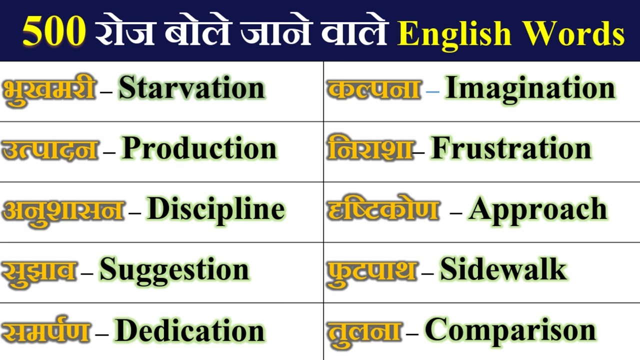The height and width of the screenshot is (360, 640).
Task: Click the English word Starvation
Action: pos(191,88)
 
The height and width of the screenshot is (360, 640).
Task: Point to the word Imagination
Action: pos(530,88)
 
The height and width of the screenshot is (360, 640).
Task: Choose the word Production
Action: pos(199,148)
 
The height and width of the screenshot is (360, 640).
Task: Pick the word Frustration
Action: pos(511,148)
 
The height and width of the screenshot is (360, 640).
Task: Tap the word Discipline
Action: pos(216,209)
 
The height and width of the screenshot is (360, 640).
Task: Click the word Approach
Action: pos(538,209)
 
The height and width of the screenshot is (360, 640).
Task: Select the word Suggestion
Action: pos(174,270)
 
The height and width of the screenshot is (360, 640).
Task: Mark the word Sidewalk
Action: pos(503,270)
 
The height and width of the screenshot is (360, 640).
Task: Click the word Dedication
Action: pos(189,330)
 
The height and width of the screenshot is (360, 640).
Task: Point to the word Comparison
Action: pos(510,330)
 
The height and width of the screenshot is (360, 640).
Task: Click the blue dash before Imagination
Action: pos(433,92)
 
